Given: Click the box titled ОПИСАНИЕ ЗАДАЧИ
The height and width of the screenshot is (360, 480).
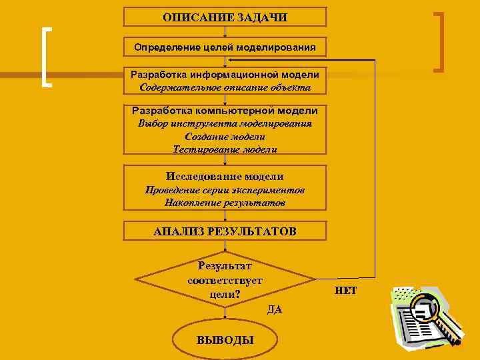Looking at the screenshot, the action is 225,17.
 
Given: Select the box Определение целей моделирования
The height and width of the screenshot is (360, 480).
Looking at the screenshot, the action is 225,47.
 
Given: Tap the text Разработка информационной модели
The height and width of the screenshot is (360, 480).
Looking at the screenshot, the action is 225,75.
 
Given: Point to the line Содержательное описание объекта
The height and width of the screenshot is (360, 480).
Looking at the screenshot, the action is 225,87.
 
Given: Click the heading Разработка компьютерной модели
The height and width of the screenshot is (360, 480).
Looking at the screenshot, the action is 225,111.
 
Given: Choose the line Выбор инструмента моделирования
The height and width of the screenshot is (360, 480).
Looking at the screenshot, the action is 225,123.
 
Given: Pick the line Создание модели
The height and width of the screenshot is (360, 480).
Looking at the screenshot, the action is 225,136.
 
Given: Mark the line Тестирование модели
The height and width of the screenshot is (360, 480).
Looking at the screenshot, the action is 225,149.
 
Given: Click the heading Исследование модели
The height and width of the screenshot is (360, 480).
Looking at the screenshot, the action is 225,177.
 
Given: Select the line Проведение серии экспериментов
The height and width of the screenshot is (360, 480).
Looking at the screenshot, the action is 225,190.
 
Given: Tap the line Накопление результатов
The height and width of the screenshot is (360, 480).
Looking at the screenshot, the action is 225,202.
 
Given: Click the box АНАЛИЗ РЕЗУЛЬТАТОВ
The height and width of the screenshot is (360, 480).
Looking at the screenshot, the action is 225,232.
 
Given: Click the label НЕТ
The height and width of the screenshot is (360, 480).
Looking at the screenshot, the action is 345,291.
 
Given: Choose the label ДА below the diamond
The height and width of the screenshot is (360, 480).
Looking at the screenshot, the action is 274,309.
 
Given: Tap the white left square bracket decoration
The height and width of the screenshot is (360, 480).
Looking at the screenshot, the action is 46,57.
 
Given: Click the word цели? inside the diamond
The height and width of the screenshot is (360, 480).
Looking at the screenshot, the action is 225,294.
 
